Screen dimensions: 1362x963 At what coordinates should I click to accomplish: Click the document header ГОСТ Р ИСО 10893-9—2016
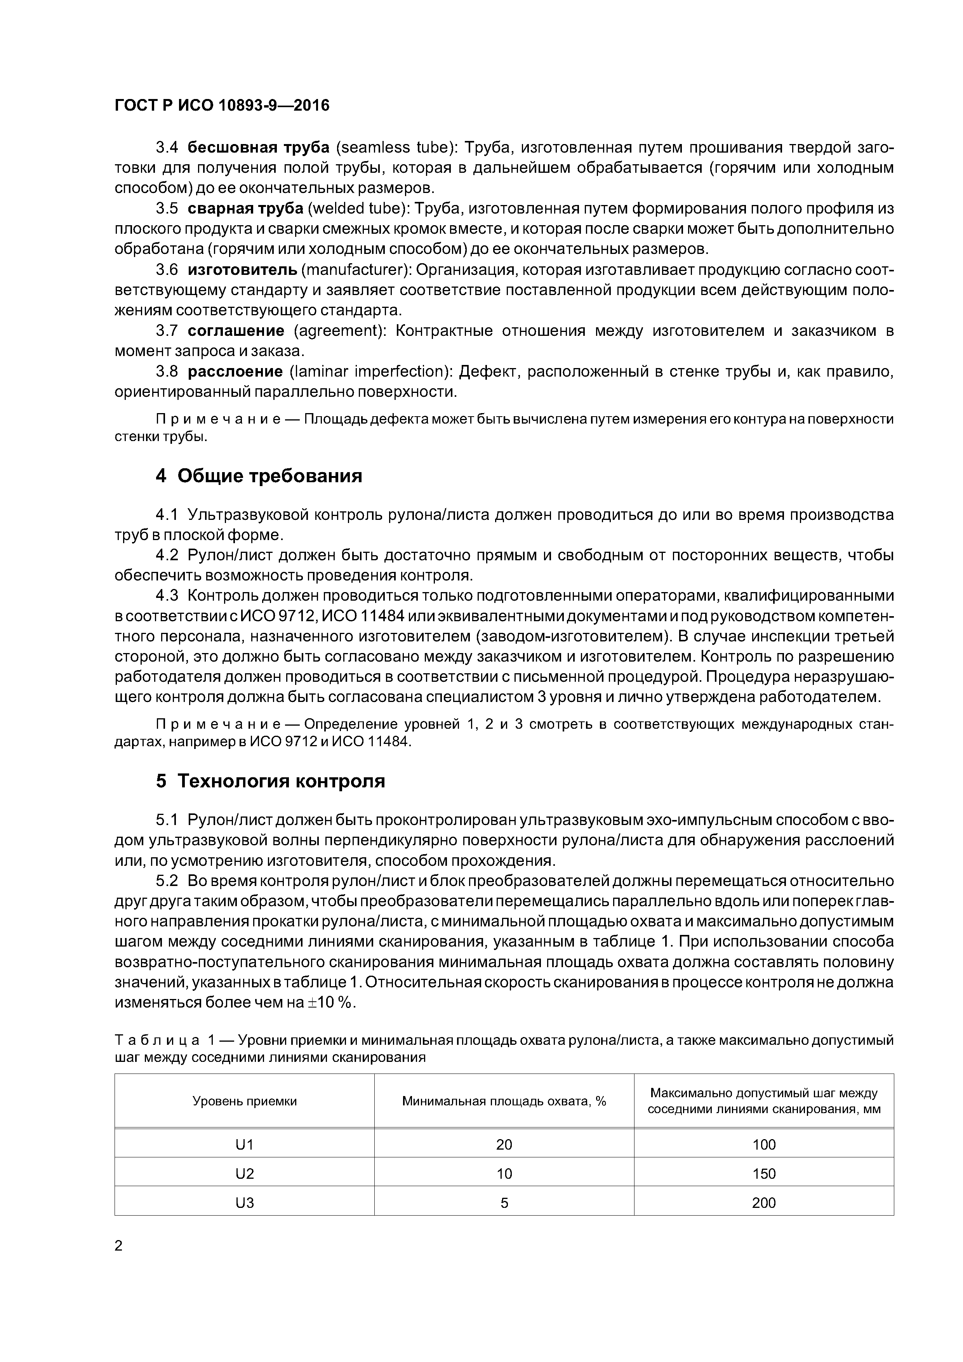[x=222, y=106]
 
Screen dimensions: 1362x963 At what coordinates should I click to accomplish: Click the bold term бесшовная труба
[x=259, y=147]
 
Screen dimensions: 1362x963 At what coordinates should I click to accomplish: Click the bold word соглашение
[x=236, y=331]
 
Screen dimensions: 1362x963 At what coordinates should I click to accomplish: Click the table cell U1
[x=245, y=1145]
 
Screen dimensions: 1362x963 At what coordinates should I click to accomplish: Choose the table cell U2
[x=245, y=1174]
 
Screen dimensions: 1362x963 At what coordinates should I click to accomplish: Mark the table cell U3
[x=245, y=1203]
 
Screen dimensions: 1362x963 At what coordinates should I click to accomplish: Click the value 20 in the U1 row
[x=504, y=1145]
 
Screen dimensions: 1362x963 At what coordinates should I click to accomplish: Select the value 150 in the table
[x=764, y=1174]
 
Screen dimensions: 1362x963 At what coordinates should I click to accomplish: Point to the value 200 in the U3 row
[x=764, y=1203]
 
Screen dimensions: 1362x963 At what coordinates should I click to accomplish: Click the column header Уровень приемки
[x=245, y=1101]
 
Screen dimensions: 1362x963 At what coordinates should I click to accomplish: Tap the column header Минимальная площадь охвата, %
[x=504, y=1101]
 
